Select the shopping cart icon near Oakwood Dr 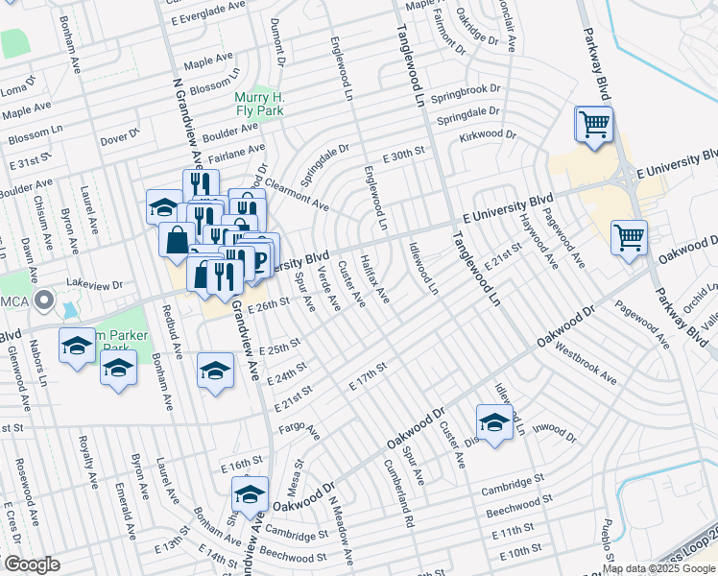[x=629, y=237]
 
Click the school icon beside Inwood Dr [x=494, y=422]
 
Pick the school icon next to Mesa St [x=250, y=495]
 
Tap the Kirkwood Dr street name [x=481, y=135]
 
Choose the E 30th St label [x=403, y=156]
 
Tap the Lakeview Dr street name [x=95, y=285]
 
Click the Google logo [x=32, y=564]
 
